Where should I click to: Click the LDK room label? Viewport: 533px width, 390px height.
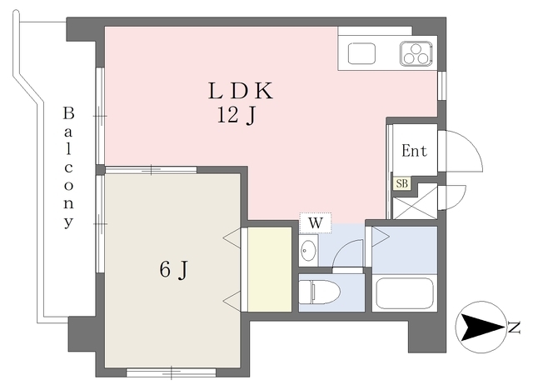pos(241,91)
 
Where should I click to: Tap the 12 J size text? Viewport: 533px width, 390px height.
pos(236,116)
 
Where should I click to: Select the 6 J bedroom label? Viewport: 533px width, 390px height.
pos(173,270)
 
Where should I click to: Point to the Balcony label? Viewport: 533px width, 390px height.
pos(68,167)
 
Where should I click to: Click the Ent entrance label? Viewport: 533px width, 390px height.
pos(414,151)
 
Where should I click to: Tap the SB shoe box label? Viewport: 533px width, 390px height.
pos(401,183)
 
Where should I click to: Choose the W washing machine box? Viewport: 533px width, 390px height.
pos(316,223)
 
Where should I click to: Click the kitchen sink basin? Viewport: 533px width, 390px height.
pos(361,53)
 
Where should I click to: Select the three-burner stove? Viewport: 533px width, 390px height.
pos(416,53)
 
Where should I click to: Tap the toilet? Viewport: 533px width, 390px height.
pos(320,292)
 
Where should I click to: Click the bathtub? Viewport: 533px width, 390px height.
pos(405,293)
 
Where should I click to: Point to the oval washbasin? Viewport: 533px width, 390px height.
pos(308,251)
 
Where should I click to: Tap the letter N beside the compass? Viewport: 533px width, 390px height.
pos(515,327)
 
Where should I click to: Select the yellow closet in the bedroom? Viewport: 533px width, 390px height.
pos(270,269)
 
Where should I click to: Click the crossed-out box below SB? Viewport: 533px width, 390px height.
pos(415,202)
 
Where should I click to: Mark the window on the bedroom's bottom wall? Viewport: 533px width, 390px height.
pos(172,372)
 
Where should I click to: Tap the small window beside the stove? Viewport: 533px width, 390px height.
pos(442,86)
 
